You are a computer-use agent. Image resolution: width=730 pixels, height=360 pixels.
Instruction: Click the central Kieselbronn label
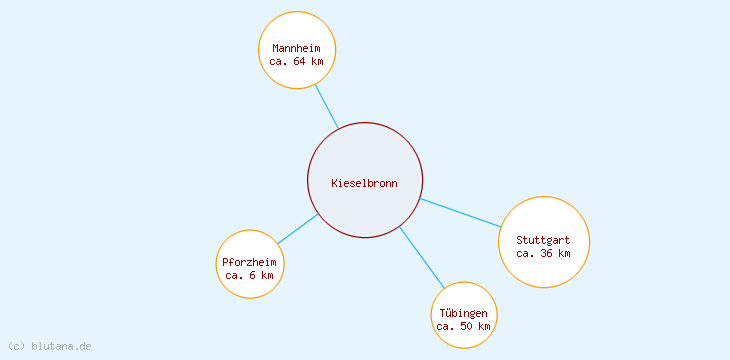pos(364,183)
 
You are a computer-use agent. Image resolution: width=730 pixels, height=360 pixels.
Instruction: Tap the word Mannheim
pos(297,48)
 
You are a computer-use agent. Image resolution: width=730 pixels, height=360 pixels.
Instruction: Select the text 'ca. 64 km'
pos(297,61)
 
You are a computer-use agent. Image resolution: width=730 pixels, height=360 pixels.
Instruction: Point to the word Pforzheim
pos(249,262)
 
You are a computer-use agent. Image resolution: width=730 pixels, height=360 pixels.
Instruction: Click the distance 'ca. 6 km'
pos(249,275)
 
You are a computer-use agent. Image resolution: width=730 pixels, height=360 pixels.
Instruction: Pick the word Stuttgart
pos(543,240)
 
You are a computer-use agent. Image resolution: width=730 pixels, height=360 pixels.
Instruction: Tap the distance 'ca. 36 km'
pos(543,253)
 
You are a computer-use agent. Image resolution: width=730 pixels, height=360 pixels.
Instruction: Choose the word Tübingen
pos(463,313)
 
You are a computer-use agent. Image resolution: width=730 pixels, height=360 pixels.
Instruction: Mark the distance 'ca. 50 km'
pos(463,326)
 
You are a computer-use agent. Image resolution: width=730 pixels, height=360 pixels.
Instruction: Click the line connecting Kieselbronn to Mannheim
pos(326,105)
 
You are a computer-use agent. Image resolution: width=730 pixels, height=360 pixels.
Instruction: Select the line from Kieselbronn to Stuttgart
pos(460,213)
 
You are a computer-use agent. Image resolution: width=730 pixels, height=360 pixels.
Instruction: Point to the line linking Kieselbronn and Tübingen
pos(422,258)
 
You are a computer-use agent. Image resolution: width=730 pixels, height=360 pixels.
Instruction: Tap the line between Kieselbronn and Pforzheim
pos(298,229)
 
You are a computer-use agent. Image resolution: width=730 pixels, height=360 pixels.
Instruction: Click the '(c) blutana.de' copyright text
pos(49,346)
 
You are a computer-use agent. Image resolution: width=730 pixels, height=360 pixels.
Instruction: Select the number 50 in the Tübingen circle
pos(467,326)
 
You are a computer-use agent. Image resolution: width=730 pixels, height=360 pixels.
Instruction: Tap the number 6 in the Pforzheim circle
pos(251,275)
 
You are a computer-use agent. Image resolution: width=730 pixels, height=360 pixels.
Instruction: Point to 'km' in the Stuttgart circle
pos(564,253)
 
